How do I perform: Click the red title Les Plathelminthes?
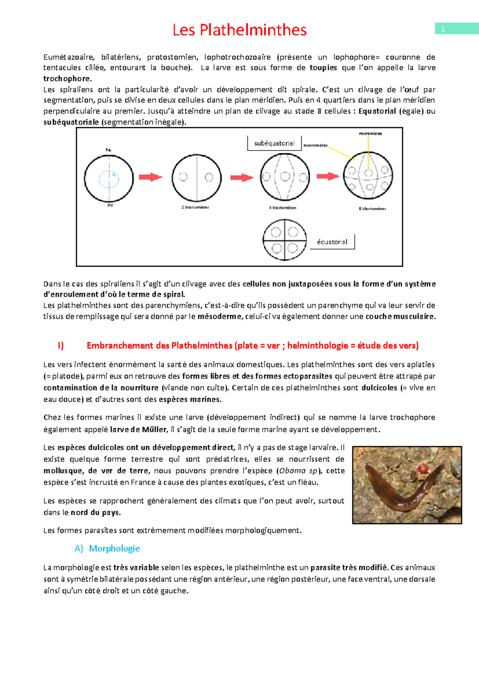click(x=239, y=30)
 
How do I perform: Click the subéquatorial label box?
click(x=274, y=144)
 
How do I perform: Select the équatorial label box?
click(x=332, y=242)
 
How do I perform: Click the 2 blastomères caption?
click(x=195, y=207)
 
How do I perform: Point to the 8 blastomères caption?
click(x=372, y=208)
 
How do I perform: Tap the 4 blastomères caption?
click(x=283, y=207)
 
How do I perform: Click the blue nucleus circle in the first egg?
click(x=109, y=179)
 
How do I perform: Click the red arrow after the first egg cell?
click(x=150, y=177)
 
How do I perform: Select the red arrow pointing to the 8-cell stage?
click(x=328, y=176)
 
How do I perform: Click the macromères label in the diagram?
click(x=315, y=146)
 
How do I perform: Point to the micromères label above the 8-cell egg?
click(x=370, y=134)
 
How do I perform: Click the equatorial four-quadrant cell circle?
click(x=285, y=240)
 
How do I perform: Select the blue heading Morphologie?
click(x=114, y=548)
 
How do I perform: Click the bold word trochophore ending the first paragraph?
click(x=67, y=79)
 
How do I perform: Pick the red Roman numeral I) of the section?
click(x=61, y=346)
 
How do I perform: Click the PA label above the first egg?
click(x=109, y=150)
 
